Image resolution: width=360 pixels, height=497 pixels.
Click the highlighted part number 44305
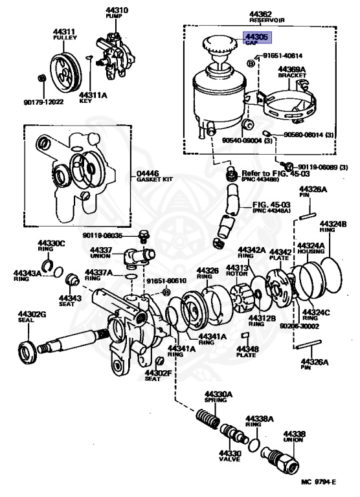click(x=253, y=38)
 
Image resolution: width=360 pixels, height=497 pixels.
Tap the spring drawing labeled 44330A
click(x=207, y=420)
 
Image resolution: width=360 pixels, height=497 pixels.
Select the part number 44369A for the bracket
click(x=292, y=68)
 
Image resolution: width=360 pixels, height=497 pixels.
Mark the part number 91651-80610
click(x=166, y=281)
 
